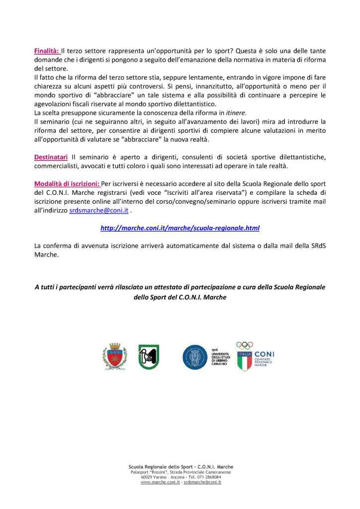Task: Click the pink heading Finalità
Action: coord(47,51)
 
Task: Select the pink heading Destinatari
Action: coord(51,157)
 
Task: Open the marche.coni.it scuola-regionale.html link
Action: coord(180,228)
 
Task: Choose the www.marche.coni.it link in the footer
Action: coord(160,483)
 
